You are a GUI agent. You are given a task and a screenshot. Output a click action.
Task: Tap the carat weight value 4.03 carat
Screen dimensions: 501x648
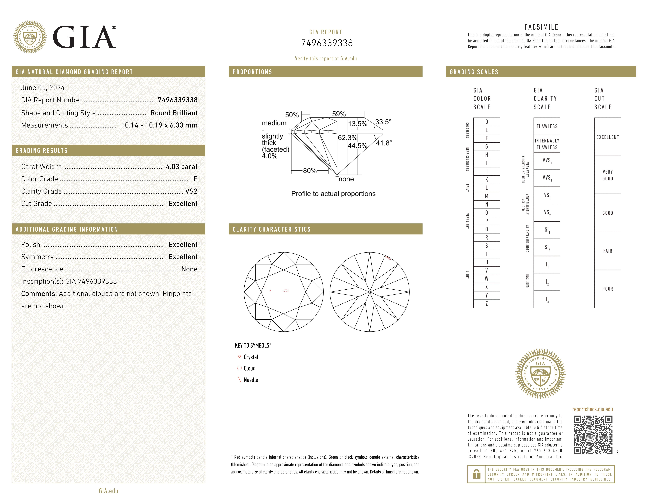[181, 167]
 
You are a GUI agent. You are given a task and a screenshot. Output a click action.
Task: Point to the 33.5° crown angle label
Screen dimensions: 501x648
[383, 122]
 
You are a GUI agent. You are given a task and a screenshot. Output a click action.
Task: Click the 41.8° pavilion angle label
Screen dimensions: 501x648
[384, 143]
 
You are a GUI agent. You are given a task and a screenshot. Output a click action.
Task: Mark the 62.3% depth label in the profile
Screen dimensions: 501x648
[347, 138]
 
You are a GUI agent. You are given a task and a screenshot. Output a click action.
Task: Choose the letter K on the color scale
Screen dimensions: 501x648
[487, 180]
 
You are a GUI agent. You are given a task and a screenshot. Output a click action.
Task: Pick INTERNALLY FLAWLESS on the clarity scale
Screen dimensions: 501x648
[547, 144]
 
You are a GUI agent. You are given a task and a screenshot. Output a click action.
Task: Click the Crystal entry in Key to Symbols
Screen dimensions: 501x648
[251, 357]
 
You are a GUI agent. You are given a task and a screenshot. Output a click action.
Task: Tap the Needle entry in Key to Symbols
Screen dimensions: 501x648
[251, 380]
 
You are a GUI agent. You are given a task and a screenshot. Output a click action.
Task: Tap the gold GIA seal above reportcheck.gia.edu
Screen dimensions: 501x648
[540, 374]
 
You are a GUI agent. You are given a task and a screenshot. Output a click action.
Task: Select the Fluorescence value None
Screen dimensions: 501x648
[189, 269]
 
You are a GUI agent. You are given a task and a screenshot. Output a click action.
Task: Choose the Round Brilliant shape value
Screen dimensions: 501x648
[174, 113]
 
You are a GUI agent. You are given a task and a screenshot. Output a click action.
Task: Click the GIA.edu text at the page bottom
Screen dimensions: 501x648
[109, 491]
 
